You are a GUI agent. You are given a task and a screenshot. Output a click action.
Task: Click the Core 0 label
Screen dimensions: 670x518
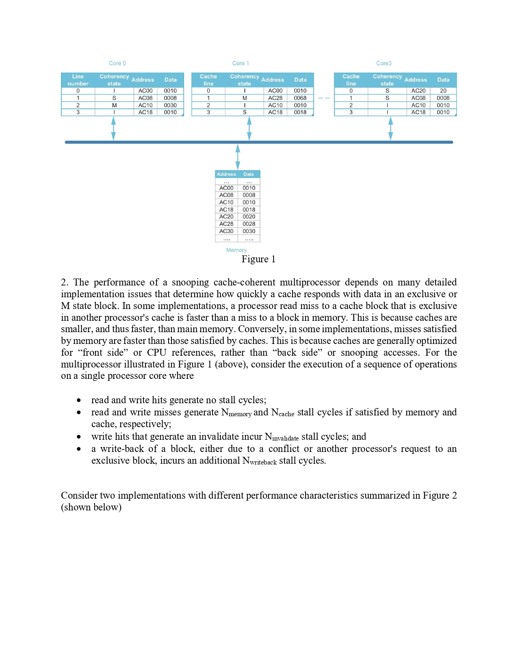pyautogui.click(x=117, y=63)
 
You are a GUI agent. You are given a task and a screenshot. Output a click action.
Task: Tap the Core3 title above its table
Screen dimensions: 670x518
pyautogui.click(x=384, y=63)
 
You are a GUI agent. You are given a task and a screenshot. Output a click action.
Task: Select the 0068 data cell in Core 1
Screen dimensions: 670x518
pyautogui.click(x=300, y=98)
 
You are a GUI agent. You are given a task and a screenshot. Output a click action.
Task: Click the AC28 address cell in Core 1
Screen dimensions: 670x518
pyautogui.click(x=275, y=98)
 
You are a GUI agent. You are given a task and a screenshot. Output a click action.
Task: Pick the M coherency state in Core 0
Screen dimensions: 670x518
pyautogui.click(x=114, y=105)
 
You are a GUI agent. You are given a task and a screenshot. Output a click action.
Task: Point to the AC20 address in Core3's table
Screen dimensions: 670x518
pyautogui.click(x=418, y=91)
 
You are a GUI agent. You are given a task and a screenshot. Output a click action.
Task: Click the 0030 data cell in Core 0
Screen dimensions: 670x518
pyautogui.click(x=170, y=105)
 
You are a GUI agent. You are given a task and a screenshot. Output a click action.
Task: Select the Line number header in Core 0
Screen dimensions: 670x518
pyautogui.click(x=78, y=80)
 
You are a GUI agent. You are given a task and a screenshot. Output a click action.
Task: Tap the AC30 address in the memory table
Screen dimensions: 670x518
pyautogui.click(x=226, y=231)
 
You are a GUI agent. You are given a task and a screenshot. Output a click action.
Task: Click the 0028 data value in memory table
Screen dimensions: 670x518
pyautogui.click(x=249, y=224)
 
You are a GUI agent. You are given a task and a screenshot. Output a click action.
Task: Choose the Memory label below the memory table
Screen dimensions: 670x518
pyautogui.click(x=236, y=250)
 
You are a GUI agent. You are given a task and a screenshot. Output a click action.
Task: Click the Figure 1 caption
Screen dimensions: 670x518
pyautogui.click(x=258, y=259)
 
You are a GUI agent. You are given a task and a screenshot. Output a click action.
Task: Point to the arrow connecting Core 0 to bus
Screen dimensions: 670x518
pyautogui.click(x=113, y=129)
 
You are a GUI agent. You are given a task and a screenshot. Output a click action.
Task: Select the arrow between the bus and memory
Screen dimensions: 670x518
pyautogui.click(x=238, y=156)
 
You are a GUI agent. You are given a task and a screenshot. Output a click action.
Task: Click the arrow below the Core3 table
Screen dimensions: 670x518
pyautogui.click(x=390, y=129)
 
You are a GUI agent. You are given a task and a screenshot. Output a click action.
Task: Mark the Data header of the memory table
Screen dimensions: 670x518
pyautogui.click(x=248, y=174)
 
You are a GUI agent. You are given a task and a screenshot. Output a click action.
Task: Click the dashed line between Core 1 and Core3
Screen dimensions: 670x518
pyautogui.click(x=324, y=98)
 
